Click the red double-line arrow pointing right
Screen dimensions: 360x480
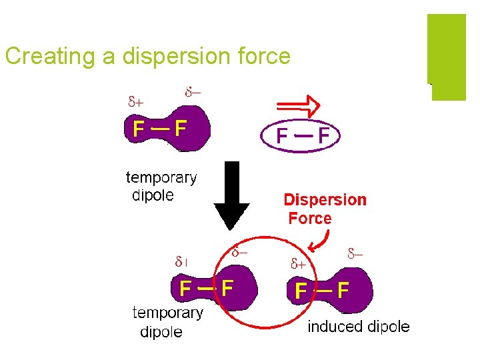click(298, 105)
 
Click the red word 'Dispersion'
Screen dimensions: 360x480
click(325, 199)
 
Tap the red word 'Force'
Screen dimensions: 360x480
click(310, 218)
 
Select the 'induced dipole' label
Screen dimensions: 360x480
click(359, 327)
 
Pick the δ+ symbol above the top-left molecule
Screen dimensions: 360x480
click(136, 102)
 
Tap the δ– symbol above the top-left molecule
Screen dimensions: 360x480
click(194, 91)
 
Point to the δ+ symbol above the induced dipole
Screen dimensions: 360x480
click(297, 263)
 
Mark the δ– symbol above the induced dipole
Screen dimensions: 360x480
click(355, 253)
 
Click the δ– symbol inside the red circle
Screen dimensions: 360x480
click(240, 253)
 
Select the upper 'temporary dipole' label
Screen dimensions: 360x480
click(161, 187)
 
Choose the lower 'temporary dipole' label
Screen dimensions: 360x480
click(167, 322)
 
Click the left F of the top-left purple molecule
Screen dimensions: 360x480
click(138, 128)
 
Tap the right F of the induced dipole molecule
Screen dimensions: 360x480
click(343, 291)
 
